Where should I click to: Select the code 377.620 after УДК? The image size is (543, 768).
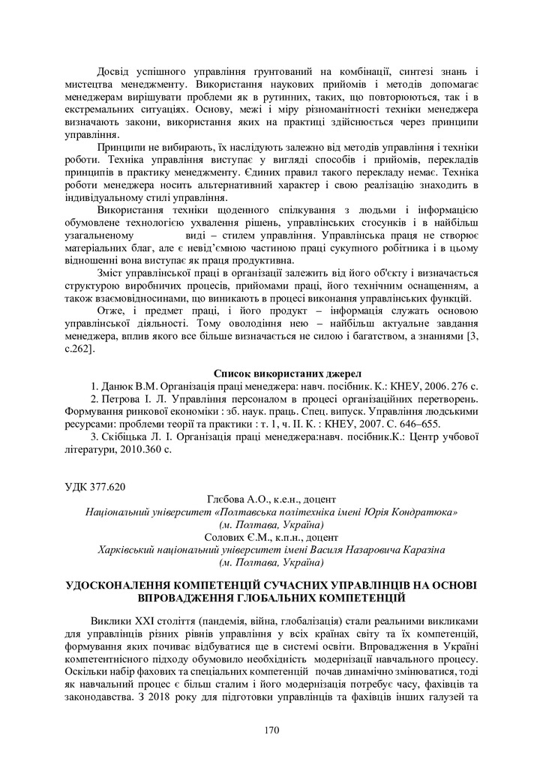pos(108,487)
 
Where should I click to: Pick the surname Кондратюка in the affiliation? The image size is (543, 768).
pos(424,511)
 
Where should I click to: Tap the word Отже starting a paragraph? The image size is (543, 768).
pos(112,310)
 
